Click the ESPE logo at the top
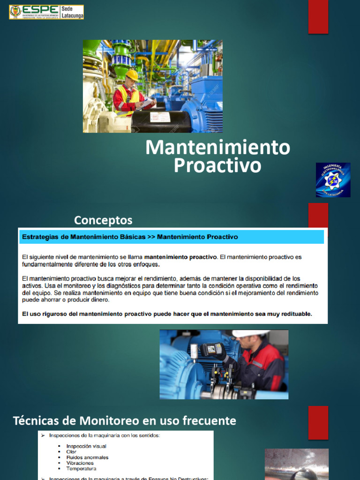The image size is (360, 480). click(x=46, y=12)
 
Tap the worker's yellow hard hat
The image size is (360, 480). click(x=132, y=75)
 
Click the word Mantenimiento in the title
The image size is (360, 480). click(x=217, y=148)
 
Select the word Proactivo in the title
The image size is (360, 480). click(x=217, y=165)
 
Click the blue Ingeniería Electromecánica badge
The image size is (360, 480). click(x=333, y=180)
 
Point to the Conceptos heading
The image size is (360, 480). click(x=103, y=220)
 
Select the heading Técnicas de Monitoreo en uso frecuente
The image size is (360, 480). click(x=124, y=420)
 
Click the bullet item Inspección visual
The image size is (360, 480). click(x=86, y=446)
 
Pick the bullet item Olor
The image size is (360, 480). click(x=71, y=452)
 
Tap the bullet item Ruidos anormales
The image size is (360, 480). click(x=87, y=457)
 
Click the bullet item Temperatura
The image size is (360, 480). click(x=81, y=469)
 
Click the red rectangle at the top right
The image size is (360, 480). click(x=318, y=17)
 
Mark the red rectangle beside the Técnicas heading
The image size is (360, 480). click(x=318, y=422)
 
